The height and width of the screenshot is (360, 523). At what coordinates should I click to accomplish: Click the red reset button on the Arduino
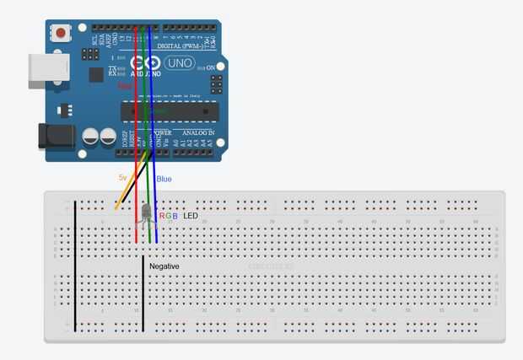[x=61, y=34]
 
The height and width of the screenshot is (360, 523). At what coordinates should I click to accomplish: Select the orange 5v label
[x=122, y=178]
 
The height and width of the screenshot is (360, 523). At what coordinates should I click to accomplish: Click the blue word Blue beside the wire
[x=164, y=179]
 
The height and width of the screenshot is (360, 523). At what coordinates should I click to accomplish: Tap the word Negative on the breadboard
[x=164, y=266]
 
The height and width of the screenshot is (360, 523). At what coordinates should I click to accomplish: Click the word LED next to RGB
[x=191, y=216]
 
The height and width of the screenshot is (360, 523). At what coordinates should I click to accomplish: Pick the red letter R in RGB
[x=162, y=216]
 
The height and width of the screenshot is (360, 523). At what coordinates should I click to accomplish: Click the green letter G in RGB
[x=168, y=216]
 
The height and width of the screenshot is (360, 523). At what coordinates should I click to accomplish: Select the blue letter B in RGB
[x=175, y=216]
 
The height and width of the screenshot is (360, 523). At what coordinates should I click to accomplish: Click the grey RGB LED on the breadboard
[x=145, y=212]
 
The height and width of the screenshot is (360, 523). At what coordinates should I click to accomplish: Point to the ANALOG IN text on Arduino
[x=197, y=133]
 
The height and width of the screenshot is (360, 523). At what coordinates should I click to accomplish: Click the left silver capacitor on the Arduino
[x=90, y=136]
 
